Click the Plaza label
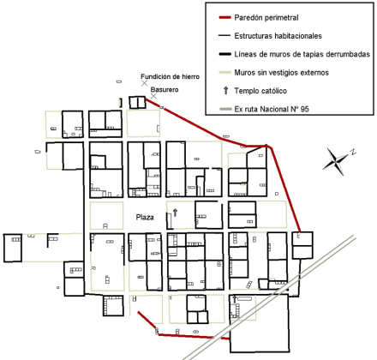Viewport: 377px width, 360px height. [x=145, y=218]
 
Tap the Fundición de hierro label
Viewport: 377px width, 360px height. [x=170, y=76]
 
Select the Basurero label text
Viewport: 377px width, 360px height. [x=165, y=90]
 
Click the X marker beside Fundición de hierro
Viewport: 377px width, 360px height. [x=145, y=83]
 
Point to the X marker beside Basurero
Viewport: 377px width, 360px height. [x=153, y=96]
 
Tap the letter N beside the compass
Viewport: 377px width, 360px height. [x=354, y=152]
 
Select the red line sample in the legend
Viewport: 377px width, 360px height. [x=224, y=18]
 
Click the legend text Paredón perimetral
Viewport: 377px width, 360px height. [x=266, y=18]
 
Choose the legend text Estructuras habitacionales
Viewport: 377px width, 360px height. [x=278, y=36]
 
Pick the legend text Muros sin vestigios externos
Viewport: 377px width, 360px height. [x=281, y=73]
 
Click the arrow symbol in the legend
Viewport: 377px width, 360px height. [x=226, y=91]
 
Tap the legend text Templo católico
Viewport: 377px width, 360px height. [x=260, y=91]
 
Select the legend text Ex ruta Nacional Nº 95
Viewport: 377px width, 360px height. [x=272, y=109]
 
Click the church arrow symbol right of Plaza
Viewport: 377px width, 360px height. [x=175, y=213]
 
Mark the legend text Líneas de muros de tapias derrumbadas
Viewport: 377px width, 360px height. [x=302, y=54]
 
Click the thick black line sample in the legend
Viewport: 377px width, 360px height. [x=224, y=54]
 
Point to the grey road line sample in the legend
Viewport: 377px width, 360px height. [x=224, y=109]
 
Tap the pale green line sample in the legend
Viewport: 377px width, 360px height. [x=224, y=73]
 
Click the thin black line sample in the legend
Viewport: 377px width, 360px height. [x=224, y=36]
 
